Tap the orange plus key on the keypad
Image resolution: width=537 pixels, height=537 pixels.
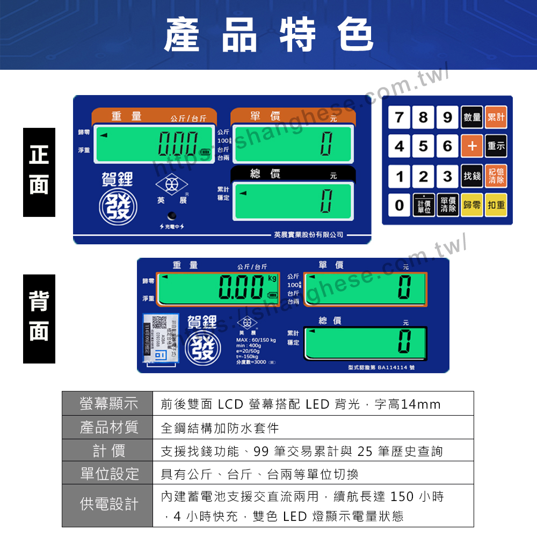coord(472,146)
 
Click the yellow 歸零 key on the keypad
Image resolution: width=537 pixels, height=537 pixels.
coord(472,205)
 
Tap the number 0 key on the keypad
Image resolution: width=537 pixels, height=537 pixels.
coord(399,205)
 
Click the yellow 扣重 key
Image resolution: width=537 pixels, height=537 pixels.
coord(496,205)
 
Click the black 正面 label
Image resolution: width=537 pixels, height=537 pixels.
coord(39,172)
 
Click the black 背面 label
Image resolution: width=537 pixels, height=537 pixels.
coord(39,318)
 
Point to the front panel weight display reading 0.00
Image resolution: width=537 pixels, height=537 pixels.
coord(155,144)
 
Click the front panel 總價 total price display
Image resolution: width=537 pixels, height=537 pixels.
coord(293,201)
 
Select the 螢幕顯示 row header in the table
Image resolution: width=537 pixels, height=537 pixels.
coord(108,403)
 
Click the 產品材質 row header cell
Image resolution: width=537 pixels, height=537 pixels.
coord(108,427)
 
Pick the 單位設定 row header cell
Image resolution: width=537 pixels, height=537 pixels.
coord(108,474)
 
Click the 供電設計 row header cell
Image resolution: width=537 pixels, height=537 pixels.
coord(108,505)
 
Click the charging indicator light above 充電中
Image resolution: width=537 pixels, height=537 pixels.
coord(171,216)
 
